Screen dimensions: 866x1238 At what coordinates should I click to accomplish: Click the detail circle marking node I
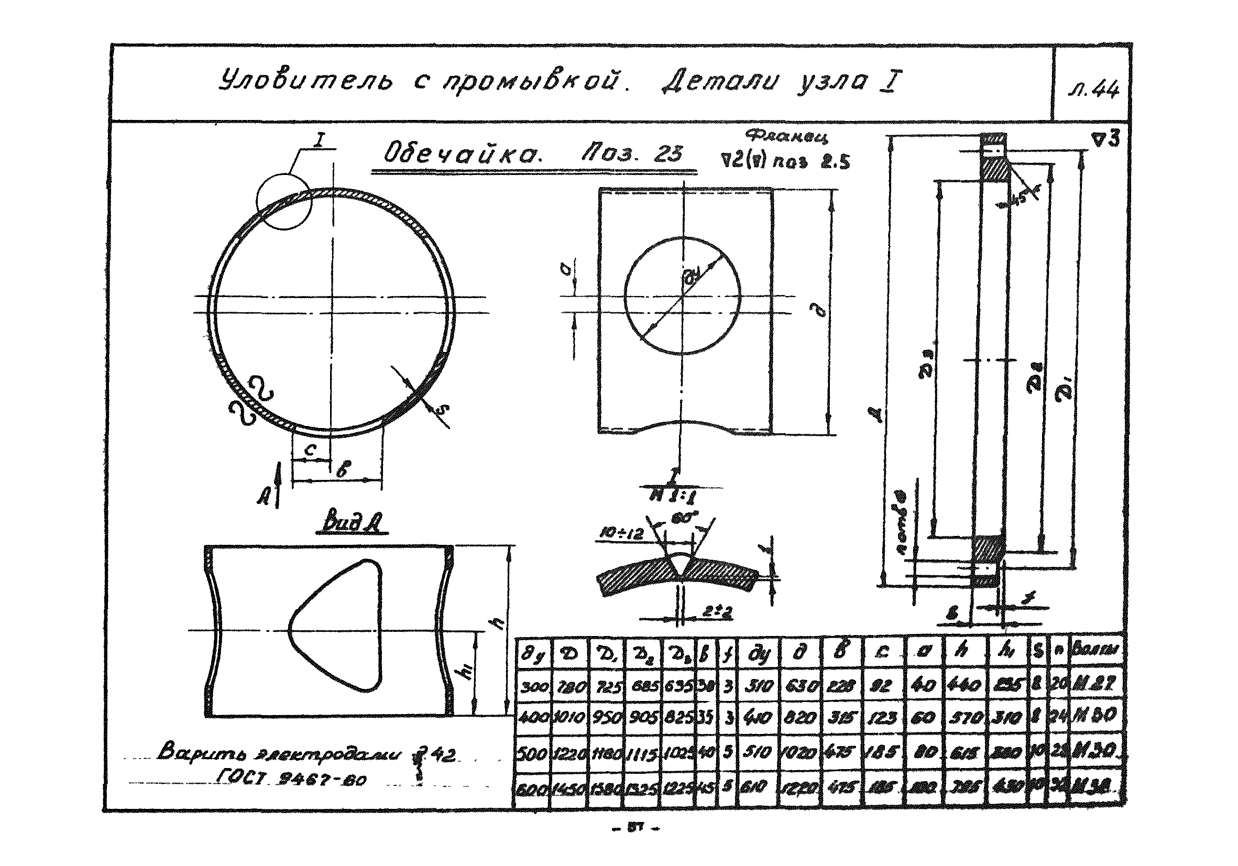click(x=284, y=202)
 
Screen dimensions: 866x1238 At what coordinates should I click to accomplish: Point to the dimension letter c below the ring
click(x=310, y=449)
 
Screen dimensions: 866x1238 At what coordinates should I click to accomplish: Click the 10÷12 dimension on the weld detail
click(x=622, y=534)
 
